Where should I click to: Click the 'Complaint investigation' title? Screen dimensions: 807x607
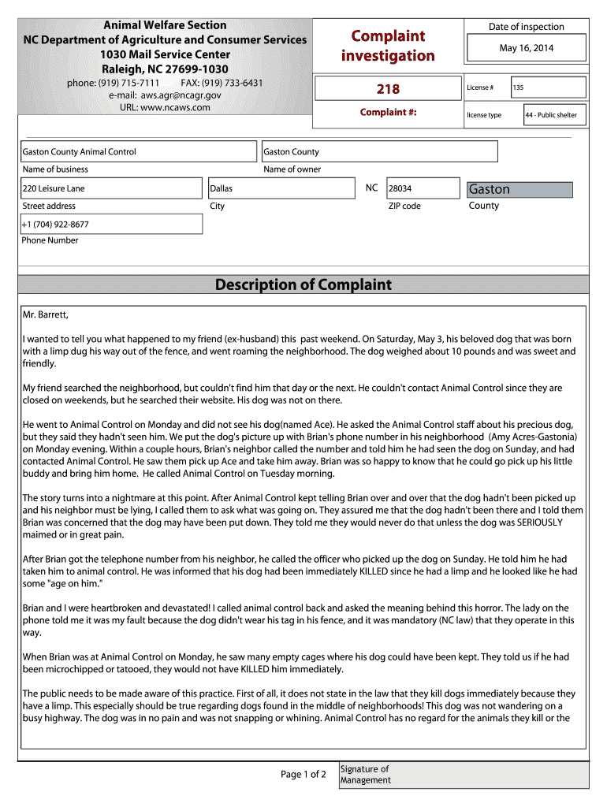pyautogui.click(x=387, y=46)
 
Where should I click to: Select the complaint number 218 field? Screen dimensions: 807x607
pyautogui.click(x=388, y=88)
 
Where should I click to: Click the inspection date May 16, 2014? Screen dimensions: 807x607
pyautogui.click(x=527, y=48)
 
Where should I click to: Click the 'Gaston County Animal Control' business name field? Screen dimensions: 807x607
pyautogui.click(x=138, y=151)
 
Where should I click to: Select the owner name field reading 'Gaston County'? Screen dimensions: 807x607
pyautogui.click(x=379, y=151)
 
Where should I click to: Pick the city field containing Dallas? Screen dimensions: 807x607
pyautogui.click(x=280, y=188)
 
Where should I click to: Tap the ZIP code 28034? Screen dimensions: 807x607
pyautogui.click(x=422, y=188)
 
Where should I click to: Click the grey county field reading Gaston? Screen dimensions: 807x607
pyautogui.click(x=519, y=189)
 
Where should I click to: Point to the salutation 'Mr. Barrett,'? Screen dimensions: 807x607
pyautogui.click(x=46, y=315)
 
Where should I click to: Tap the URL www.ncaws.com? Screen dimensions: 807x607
pyautogui.click(x=165, y=107)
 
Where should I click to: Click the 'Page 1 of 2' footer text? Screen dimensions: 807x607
pyautogui.click(x=303, y=775)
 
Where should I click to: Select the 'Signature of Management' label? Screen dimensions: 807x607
pyautogui.click(x=365, y=775)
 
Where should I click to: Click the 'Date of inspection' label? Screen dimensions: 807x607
pyautogui.click(x=526, y=27)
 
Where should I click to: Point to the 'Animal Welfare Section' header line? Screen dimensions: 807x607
pyautogui.click(x=165, y=25)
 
